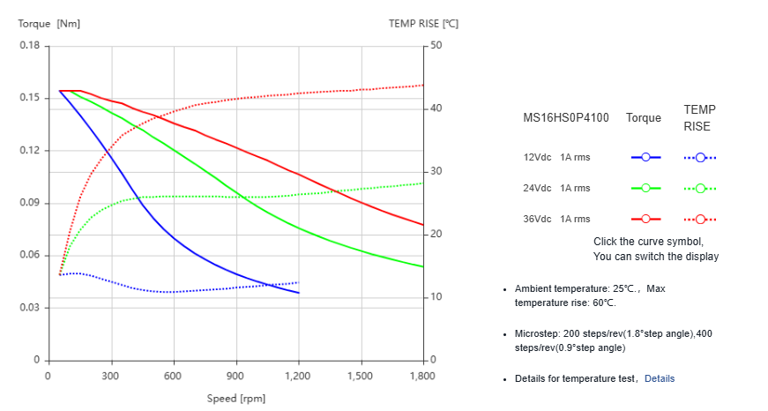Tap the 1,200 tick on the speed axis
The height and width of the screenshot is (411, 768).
(299, 376)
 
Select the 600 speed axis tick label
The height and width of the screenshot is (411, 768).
(174, 376)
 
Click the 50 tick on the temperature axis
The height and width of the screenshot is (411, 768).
(436, 46)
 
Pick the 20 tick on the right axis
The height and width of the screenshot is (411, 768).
(436, 235)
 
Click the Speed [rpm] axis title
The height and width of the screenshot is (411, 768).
(235, 398)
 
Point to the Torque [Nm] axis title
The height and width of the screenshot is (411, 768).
(49, 24)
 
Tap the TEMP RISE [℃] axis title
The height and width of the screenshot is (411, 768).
(423, 24)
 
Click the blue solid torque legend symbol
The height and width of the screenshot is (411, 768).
(645, 157)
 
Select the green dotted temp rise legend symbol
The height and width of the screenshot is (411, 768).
(699, 188)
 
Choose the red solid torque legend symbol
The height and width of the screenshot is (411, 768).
(645, 219)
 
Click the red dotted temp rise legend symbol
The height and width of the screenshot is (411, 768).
(699, 219)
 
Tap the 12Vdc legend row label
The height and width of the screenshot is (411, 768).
(537, 157)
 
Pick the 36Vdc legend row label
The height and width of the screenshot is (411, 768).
(537, 219)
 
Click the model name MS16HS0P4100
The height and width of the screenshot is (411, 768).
(565, 117)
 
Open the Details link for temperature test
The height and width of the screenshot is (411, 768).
(659, 378)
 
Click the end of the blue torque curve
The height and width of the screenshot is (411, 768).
(299, 293)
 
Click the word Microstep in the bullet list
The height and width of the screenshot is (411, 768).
(538, 334)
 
